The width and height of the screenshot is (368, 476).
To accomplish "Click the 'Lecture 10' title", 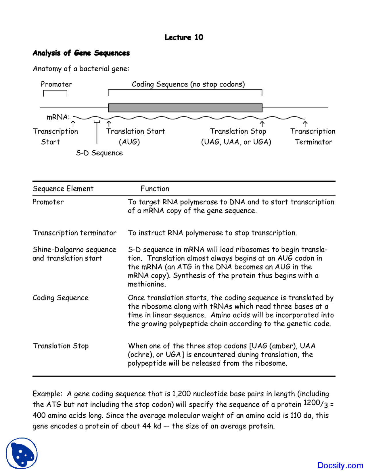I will (x=184, y=37).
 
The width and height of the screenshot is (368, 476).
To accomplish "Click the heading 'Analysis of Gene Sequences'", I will (x=81, y=53).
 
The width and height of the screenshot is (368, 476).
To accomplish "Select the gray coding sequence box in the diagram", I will (x=185, y=108).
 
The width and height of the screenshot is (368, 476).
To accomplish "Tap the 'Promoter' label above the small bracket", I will (x=56, y=84).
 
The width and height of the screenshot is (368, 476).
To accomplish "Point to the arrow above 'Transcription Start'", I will (x=73, y=124).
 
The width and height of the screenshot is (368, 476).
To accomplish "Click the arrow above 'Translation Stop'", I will (x=262, y=124).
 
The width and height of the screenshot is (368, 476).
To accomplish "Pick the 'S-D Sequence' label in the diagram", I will (x=99, y=153).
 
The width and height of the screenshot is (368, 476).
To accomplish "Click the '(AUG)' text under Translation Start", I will (x=129, y=142).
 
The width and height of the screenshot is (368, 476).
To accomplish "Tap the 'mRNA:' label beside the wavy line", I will (x=58, y=117).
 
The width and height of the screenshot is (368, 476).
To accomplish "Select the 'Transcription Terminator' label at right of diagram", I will (x=313, y=137).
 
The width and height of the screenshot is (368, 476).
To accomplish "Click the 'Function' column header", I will (x=155, y=189).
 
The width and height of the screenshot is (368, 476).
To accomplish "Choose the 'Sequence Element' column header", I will (x=63, y=189).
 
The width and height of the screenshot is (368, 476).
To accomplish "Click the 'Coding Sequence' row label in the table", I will (x=60, y=298).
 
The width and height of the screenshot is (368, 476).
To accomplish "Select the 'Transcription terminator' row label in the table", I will (x=74, y=233).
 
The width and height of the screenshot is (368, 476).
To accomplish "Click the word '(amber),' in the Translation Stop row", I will (x=283, y=346).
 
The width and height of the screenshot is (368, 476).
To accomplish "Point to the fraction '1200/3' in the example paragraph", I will (x=316, y=404).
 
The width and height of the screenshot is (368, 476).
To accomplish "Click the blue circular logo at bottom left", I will (x=22, y=453).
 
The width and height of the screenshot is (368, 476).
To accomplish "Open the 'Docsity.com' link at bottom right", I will (x=340, y=465).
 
